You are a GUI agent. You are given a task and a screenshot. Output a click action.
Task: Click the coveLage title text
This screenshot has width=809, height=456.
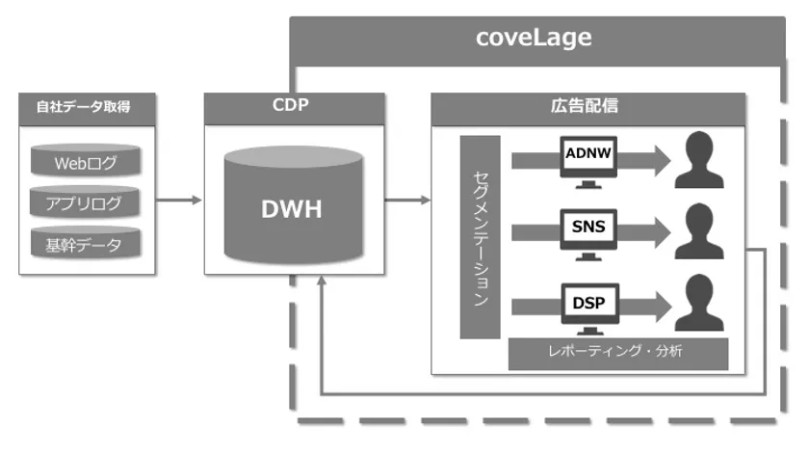tap(534, 39)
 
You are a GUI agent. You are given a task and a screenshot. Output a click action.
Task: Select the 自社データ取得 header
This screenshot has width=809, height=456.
tap(87, 107)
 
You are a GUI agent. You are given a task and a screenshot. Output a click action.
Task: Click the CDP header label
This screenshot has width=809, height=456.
tap(294, 106)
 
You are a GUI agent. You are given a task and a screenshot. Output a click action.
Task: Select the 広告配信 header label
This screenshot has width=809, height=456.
tap(588, 107)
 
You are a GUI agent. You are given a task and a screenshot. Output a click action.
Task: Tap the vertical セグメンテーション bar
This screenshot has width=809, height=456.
tap(481, 236)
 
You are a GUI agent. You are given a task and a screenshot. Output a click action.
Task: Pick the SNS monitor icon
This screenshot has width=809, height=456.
tap(588, 230)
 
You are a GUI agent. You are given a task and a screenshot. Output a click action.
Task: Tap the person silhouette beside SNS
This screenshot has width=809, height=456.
tap(699, 231)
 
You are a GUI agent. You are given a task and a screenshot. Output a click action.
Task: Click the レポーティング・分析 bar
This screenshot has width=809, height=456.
tap(618, 353)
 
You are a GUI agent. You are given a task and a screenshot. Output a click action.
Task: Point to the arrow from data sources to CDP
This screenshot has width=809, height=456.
tap(179, 201)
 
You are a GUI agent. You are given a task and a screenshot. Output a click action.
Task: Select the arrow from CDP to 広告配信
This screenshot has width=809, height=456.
tap(407, 201)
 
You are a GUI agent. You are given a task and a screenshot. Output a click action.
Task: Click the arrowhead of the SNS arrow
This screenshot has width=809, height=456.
tap(659, 231)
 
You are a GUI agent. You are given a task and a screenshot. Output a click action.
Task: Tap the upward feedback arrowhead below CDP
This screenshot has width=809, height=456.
tap(322, 282)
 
